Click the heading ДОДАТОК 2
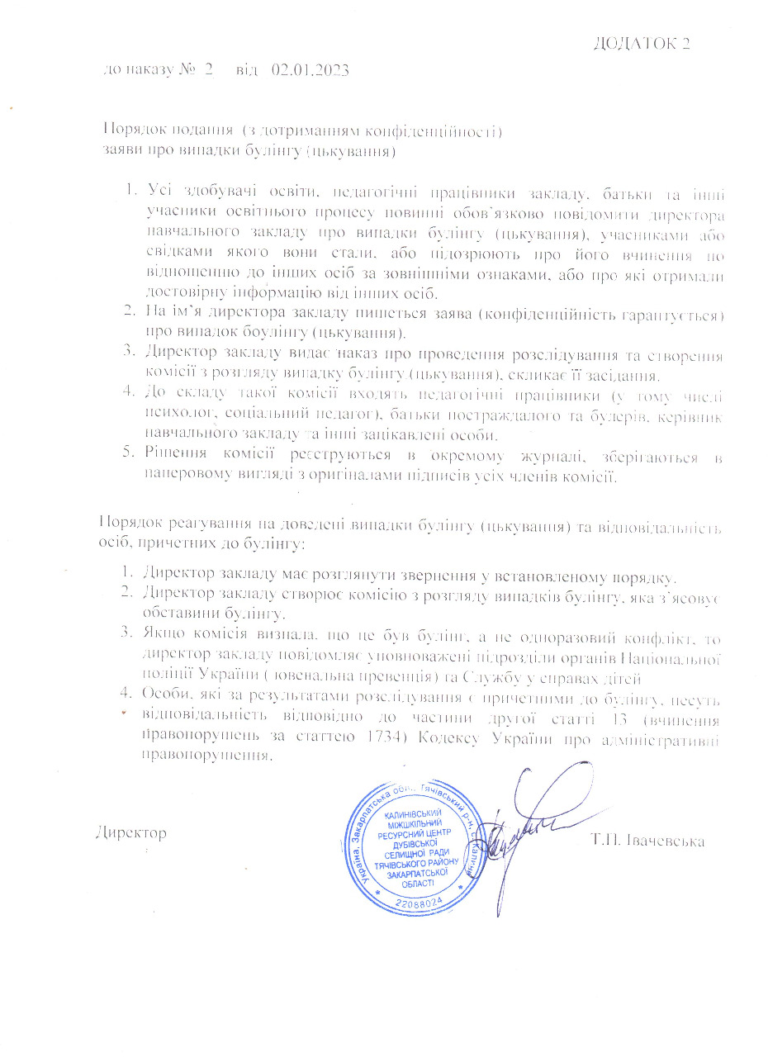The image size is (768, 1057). pos(642,44)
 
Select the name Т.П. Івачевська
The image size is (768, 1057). pos(647,841)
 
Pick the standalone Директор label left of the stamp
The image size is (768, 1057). pos(131,832)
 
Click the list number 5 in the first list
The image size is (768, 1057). pos(127,457)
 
